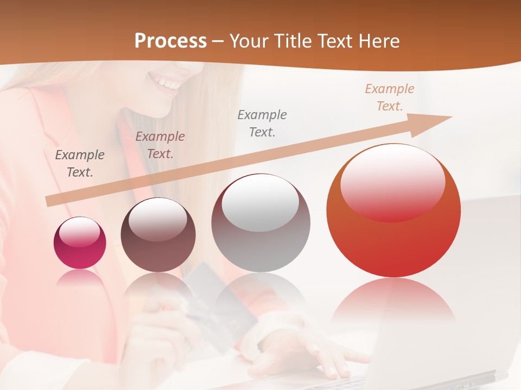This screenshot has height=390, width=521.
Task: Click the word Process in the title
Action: (170, 41)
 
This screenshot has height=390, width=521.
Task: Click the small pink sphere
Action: (80, 243)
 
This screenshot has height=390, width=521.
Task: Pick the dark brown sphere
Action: (158, 235)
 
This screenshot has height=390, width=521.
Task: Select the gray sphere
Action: (260, 223)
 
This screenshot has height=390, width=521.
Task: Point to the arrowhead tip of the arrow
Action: (450, 117)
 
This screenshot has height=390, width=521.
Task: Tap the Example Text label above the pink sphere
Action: (80, 164)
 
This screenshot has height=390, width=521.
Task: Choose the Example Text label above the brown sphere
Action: (160, 145)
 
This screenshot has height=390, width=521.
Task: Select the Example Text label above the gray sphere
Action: (262, 123)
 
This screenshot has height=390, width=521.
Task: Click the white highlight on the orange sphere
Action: (392, 181)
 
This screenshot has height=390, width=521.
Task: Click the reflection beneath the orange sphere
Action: (393, 303)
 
